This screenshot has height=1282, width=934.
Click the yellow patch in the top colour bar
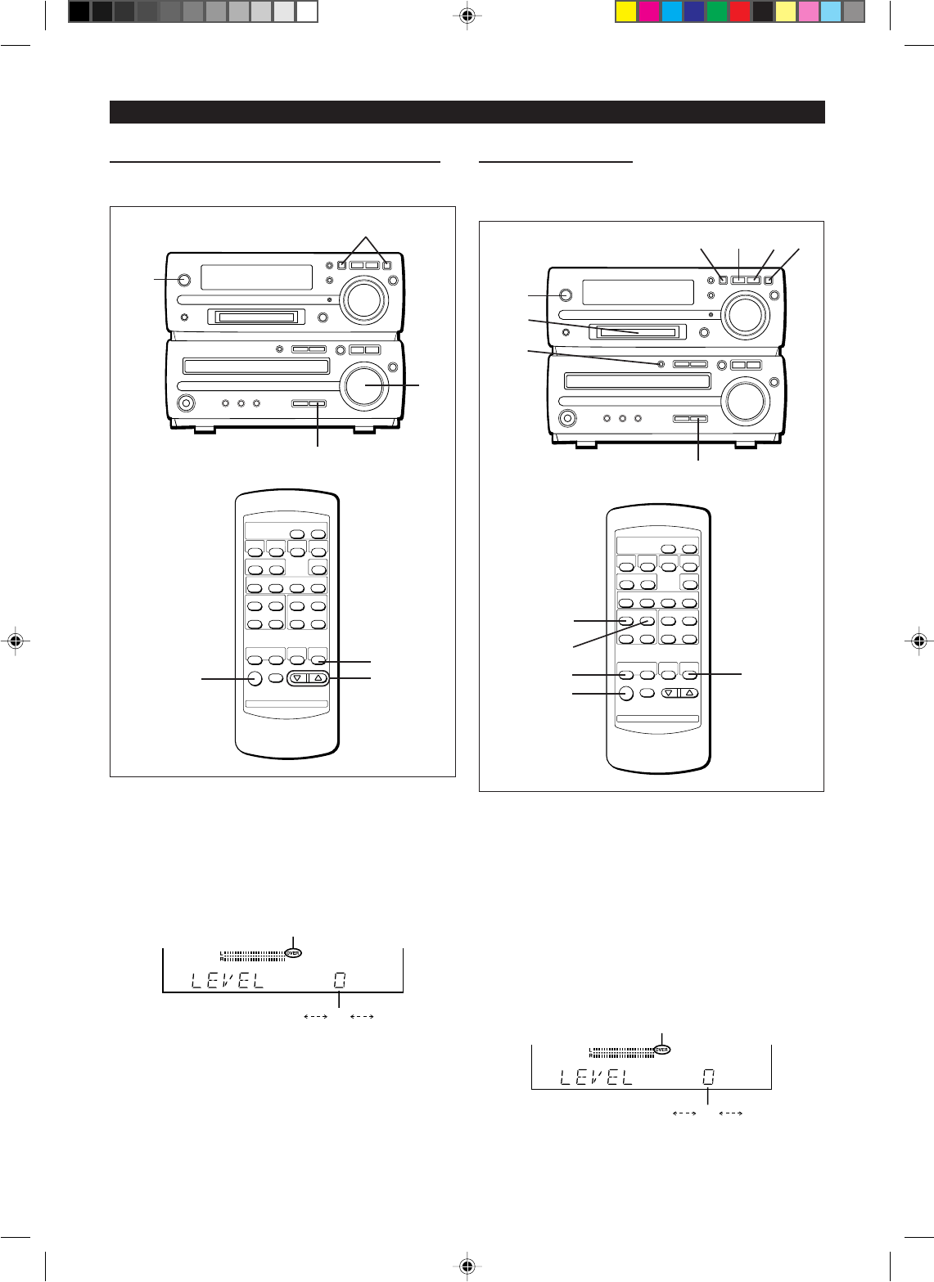[626, 11]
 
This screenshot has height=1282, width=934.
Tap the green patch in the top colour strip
[717, 11]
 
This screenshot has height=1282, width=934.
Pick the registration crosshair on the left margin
[15, 640]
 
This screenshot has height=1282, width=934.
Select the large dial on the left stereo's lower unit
[365, 385]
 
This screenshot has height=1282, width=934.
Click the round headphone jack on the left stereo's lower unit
[187, 403]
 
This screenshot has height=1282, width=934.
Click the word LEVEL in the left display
[228, 979]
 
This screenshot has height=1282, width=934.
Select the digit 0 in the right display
[708, 1077]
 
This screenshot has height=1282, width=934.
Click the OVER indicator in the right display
[661, 1049]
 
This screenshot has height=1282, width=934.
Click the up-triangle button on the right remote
[689, 692]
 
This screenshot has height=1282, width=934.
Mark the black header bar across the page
[467, 112]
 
